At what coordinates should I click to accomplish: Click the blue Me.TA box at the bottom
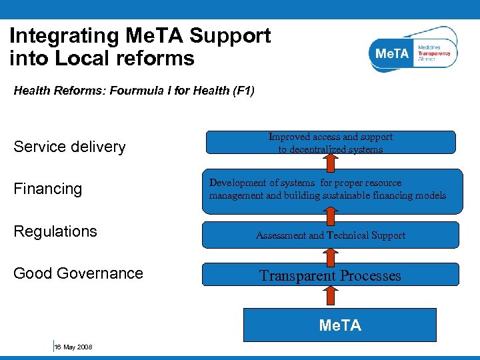[340, 325]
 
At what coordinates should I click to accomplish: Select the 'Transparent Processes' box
[331, 275]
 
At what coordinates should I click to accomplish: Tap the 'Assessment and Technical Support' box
[331, 235]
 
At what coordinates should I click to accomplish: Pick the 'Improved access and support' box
[331, 142]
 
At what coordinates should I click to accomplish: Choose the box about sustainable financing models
[331, 190]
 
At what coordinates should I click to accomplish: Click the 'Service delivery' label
[69, 147]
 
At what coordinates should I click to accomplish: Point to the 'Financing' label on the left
[48, 189]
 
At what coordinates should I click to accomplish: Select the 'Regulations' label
[55, 231]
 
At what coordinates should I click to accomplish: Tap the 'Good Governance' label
[78, 273]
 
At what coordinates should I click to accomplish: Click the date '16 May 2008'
[73, 347]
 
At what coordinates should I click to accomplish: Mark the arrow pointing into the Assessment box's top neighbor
[331, 215]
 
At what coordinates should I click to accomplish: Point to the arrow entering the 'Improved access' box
[331, 161]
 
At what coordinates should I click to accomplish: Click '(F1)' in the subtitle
[241, 90]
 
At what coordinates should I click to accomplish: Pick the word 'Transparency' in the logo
[434, 53]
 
